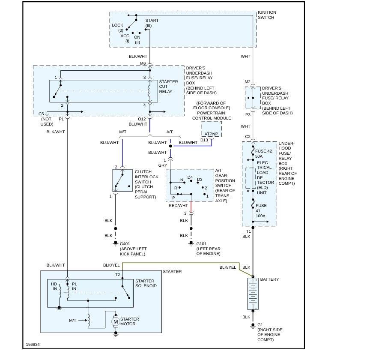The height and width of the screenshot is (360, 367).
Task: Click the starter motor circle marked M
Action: pyautogui.click(x=115, y=321)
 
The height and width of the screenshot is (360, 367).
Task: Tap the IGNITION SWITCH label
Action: pyautogui.click(x=267, y=15)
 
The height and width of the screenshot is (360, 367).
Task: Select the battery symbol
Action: pyautogui.click(x=253, y=294)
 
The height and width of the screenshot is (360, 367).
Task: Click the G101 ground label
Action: pyautogui.click(x=201, y=243)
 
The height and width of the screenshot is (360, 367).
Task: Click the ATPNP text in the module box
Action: pyautogui.click(x=212, y=134)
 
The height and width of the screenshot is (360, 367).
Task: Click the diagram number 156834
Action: pyautogui.click(x=33, y=344)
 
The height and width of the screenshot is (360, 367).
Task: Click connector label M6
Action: pyautogui.click(x=143, y=63)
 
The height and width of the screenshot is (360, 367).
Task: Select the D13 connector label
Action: pyautogui.click(x=204, y=140)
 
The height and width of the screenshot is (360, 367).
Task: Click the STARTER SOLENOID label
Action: pyautogui.click(x=146, y=283)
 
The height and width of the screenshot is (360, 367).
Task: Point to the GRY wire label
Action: pyautogui.click(x=163, y=165)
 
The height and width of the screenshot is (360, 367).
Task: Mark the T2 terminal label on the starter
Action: pyautogui.click(x=117, y=274)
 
